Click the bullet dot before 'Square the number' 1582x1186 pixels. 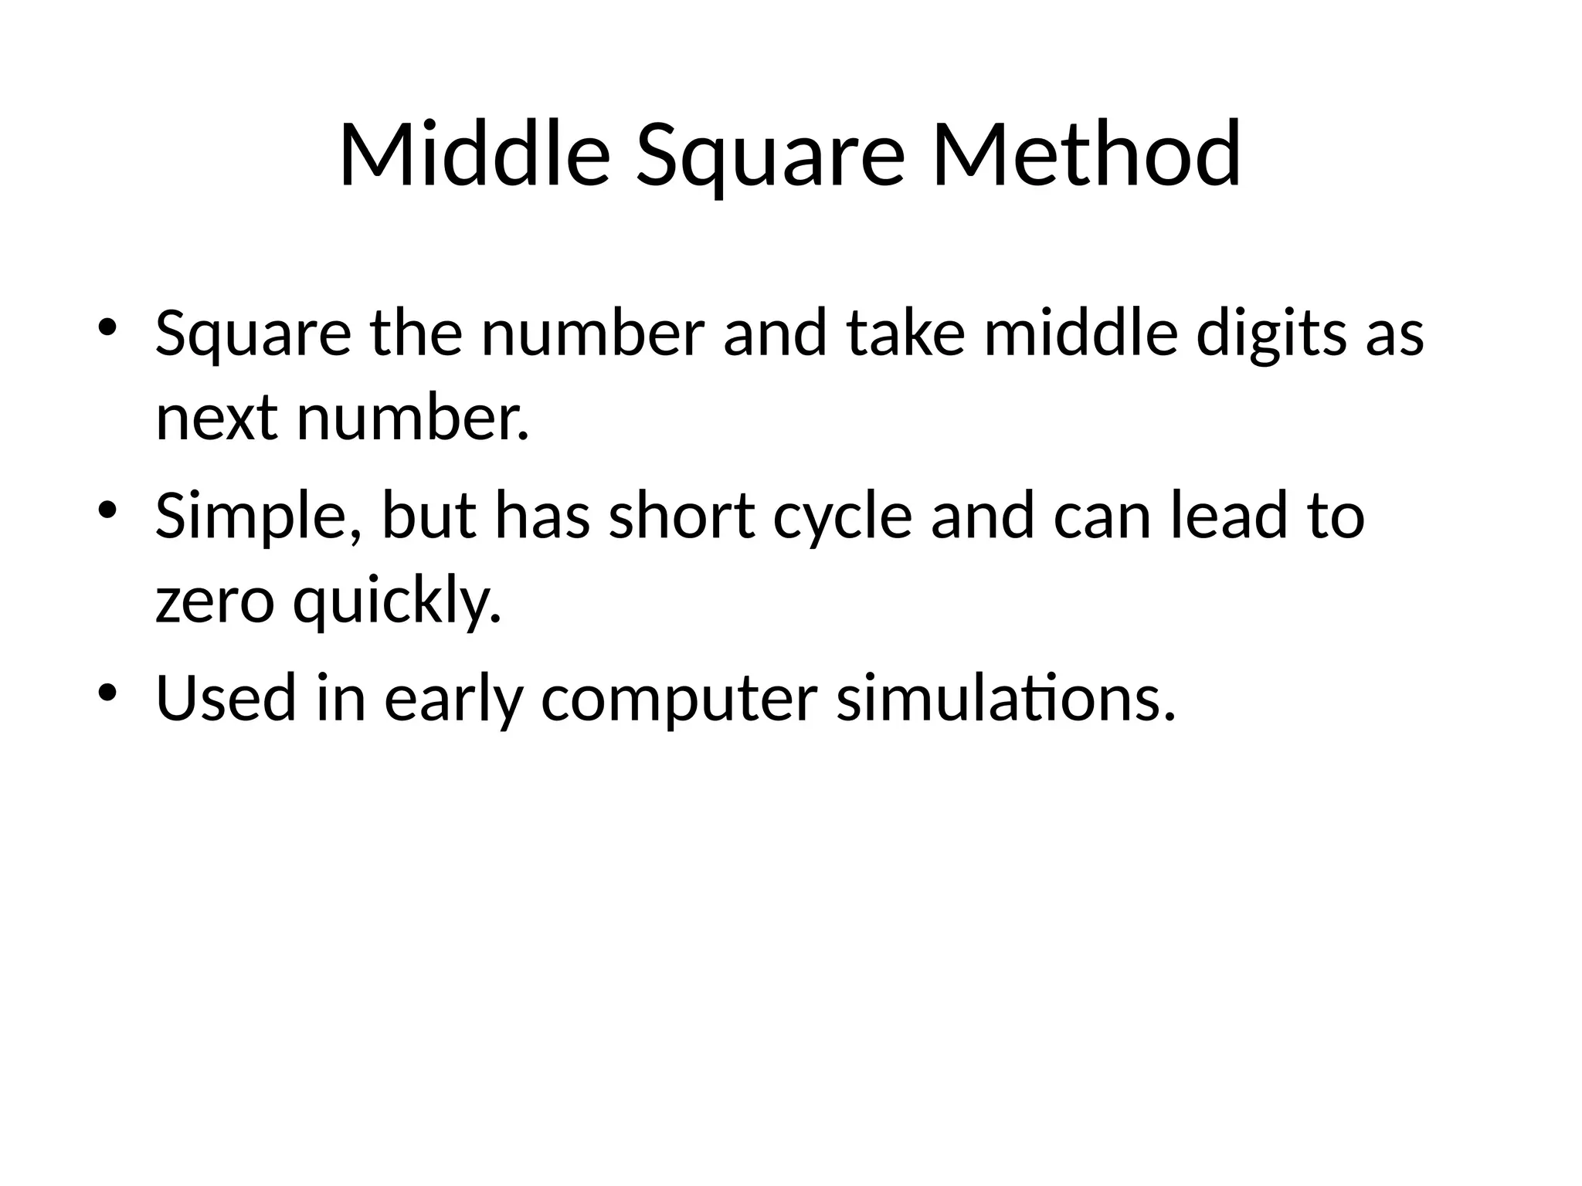(x=107, y=326)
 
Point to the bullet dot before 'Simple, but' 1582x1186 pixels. (x=107, y=508)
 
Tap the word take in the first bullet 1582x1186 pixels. (x=906, y=334)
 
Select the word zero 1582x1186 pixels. (x=215, y=602)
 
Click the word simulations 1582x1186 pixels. (x=1006, y=697)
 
